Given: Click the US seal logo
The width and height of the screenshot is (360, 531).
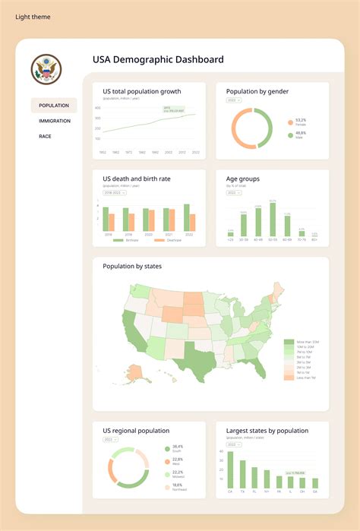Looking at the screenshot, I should point(46,70).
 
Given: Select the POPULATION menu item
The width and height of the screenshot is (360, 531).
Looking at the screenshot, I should point(54,106).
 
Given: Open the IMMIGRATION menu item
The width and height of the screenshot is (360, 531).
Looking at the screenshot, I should point(55,121).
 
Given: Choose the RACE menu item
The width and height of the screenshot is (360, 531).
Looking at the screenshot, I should point(45,136).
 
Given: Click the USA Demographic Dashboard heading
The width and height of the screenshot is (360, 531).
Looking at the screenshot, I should point(158,59).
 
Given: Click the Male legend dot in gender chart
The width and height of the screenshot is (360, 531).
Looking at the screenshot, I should point(289,135).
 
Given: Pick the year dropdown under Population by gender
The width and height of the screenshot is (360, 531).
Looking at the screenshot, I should point(233,100).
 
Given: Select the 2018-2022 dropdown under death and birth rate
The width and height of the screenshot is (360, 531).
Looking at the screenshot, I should point(115,193).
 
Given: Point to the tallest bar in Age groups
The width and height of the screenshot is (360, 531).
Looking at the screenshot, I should point(273,220).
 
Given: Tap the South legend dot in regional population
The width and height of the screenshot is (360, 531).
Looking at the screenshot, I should point(166,448).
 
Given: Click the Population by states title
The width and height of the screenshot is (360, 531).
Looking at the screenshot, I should point(132,267).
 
